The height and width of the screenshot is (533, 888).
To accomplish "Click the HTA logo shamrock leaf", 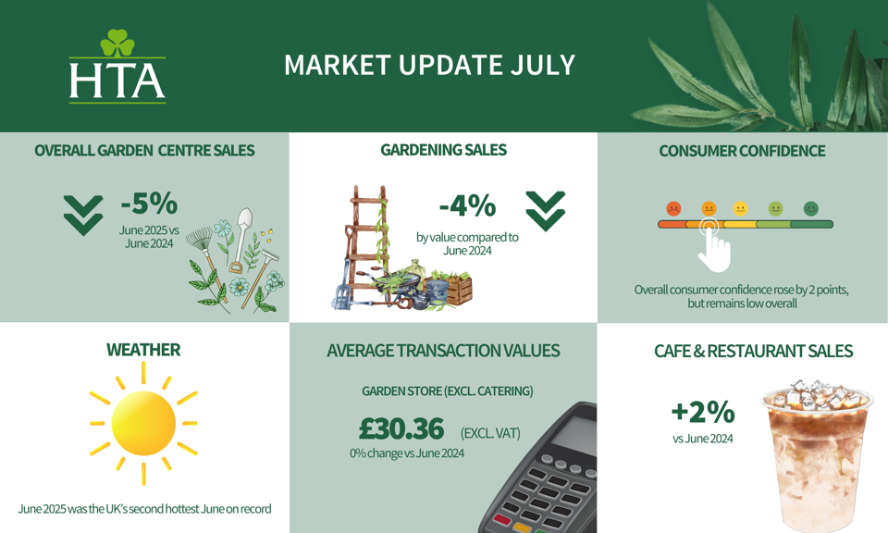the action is click(117, 43).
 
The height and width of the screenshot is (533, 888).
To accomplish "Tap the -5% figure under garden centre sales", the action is click(149, 204).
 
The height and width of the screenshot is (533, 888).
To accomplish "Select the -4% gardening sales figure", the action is click(467, 206).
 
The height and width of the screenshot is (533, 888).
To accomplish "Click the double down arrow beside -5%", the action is click(83, 216).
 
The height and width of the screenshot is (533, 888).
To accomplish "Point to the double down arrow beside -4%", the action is click(546, 211).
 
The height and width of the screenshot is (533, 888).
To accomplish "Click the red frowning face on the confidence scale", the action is click(673, 209).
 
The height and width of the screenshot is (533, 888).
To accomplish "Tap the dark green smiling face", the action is click(811, 209).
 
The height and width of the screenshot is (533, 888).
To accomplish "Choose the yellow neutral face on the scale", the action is click(740, 209).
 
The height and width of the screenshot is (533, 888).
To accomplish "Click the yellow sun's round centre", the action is click(143, 423).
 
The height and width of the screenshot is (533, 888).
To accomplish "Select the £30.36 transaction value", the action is click(401, 428).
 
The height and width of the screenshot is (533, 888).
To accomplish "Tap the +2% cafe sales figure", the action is click(703, 412).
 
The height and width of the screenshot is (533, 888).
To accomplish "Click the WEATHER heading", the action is click(143, 350).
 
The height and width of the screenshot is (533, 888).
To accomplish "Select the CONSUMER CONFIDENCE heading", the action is click(742, 151).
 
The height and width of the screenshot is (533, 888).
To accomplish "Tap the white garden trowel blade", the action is click(244, 220).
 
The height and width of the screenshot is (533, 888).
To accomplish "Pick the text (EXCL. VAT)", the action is click(490, 433).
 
